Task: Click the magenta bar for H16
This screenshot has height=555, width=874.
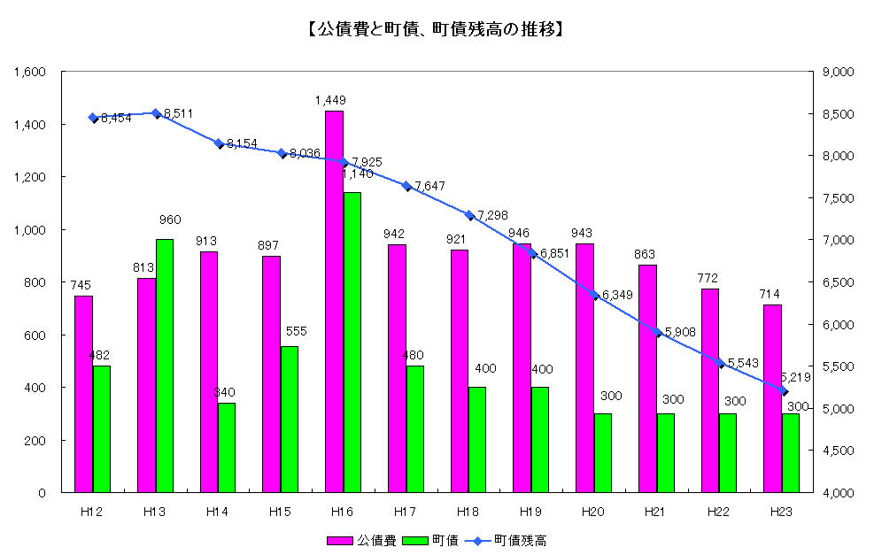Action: point(334,301)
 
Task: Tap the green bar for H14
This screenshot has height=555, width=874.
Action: point(227,447)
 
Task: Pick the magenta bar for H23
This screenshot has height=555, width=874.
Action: point(772,398)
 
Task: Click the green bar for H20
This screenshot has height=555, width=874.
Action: point(602,452)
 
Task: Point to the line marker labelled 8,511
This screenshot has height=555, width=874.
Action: point(155,113)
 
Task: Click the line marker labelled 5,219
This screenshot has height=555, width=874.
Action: point(783,390)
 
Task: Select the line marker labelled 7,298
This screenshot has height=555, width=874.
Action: point(468,215)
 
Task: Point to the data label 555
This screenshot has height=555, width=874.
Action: point(297,330)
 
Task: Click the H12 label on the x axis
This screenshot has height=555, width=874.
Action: point(91,511)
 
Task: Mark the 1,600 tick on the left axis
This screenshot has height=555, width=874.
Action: point(31,72)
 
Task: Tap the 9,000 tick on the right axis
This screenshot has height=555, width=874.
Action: point(838,72)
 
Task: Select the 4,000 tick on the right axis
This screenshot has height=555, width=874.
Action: point(838,493)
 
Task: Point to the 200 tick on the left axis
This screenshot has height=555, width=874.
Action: point(37,440)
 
